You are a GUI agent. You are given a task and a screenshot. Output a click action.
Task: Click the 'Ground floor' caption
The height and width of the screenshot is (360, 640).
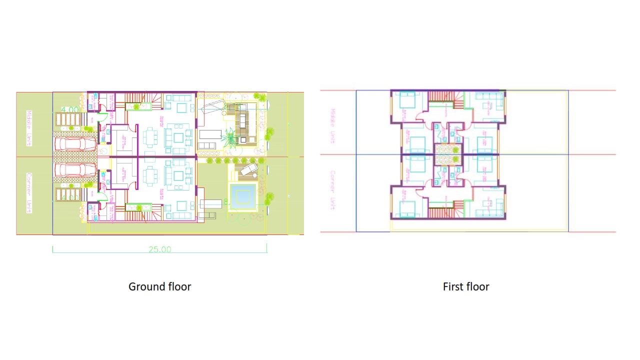[x=159, y=286]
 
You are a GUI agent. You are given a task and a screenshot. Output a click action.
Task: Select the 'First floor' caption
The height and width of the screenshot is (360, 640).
[x=465, y=286]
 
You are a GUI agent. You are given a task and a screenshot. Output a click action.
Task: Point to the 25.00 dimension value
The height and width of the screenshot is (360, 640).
[x=159, y=249]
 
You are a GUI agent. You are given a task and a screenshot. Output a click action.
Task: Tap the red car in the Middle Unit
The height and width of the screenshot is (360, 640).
[x=75, y=144]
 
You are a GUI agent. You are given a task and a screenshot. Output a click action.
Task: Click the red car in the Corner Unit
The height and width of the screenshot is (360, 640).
[x=75, y=170]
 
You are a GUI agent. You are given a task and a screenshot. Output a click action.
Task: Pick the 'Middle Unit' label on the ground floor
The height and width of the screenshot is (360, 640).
[x=29, y=128]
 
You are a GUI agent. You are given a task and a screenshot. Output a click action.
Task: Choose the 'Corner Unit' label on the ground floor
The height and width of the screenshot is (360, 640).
[x=29, y=193]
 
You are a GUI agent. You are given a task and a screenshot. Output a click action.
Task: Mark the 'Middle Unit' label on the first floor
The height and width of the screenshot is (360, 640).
[x=333, y=126]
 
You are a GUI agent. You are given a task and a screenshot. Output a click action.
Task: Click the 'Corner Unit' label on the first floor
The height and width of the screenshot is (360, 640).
[x=333, y=190]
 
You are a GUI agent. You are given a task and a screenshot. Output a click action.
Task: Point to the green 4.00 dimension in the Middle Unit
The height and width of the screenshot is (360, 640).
[x=69, y=109]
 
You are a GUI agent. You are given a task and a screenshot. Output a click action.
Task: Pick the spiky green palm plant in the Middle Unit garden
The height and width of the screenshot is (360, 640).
[x=230, y=136]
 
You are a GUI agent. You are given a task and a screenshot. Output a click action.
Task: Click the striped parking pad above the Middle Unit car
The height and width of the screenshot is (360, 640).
[x=67, y=119]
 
